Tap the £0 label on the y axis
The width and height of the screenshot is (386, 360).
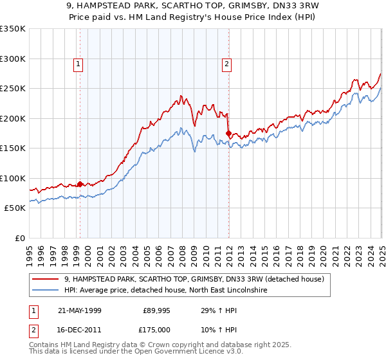19,238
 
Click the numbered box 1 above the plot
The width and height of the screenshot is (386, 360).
78,64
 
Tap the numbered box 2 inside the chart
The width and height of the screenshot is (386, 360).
227,64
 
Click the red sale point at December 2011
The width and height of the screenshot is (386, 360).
228,134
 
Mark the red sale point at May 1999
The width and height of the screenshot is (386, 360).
80,184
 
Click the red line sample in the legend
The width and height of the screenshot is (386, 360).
46,278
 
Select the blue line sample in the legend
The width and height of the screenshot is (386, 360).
46,290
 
